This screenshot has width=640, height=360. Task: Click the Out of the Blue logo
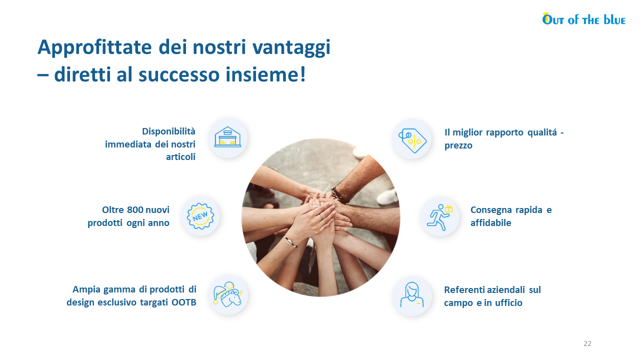(583, 19)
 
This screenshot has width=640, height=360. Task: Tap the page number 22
(587, 343)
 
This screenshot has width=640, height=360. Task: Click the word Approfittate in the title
(94, 47)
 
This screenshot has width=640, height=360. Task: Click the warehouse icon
(227, 137)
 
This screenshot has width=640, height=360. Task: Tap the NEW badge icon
(200, 216)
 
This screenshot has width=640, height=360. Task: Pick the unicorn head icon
(227, 294)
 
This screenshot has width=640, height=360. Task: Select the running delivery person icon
(439, 217)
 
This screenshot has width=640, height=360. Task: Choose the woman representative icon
(411, 295)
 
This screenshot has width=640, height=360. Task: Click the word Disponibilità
(168, 131)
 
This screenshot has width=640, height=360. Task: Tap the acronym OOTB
(183, 302)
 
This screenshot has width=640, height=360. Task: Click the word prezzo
(458, 145)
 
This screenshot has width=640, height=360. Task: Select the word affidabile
(491, 223)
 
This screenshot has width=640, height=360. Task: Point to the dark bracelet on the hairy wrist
(338, 195)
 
